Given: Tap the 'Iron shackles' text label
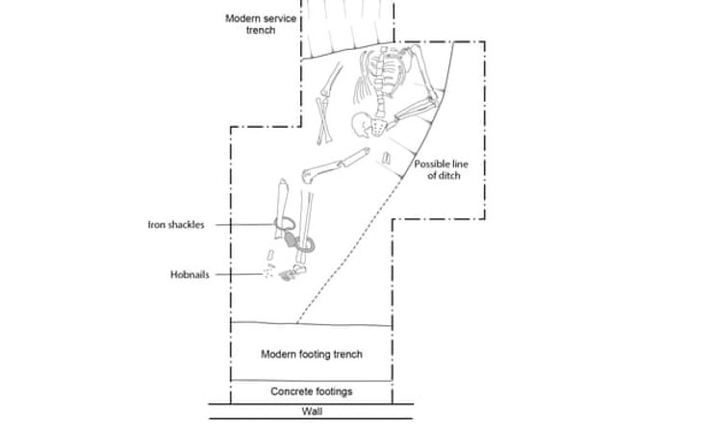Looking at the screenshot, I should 175,225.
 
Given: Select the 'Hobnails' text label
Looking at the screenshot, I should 191,274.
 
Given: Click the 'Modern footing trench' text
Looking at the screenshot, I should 312,354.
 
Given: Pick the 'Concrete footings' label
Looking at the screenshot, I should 312,391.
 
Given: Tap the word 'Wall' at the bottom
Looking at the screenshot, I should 312,413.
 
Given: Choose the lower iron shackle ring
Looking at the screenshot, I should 308,243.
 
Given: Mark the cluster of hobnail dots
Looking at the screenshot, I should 285,277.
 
